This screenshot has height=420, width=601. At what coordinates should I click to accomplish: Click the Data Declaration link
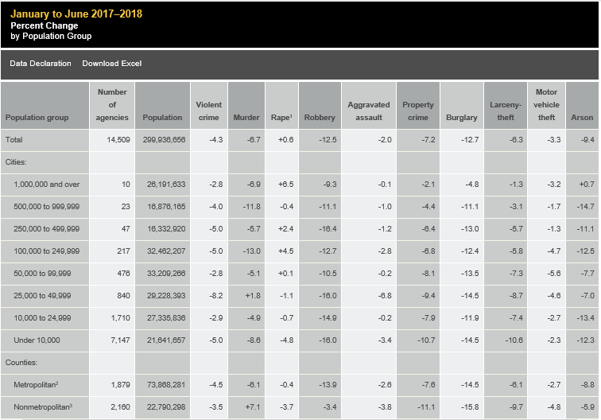click(x=41, y=64)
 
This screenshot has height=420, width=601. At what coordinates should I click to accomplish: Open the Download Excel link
click(x=112, y=64)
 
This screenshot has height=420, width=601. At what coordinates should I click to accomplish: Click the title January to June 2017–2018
click(x=76, y=14)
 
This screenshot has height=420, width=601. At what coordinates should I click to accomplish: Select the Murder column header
click(x=246, y=118)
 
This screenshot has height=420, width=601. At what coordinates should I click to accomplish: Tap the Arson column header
click(x=582, y=118)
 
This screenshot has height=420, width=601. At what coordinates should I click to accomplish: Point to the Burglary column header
click(x=462, y=118)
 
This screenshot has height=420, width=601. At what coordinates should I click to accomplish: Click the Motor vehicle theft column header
click(x=547, y=105)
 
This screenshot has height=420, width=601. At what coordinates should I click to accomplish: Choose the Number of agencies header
click(x=112, y=105)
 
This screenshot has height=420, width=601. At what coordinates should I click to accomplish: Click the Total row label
click(x=14, y=139)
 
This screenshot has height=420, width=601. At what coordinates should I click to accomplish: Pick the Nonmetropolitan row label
click(x=44, y=407)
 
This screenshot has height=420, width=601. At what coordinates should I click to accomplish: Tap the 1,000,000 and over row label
click(x=47, y=184)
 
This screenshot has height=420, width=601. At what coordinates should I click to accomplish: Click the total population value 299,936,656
click(x=164, y=139)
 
